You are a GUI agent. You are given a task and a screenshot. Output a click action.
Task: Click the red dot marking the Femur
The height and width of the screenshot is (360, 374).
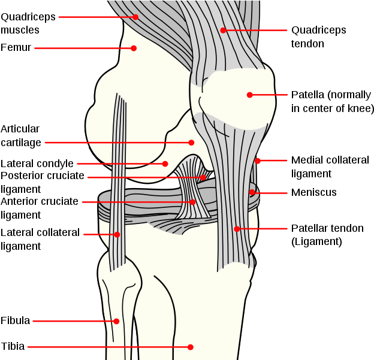134,48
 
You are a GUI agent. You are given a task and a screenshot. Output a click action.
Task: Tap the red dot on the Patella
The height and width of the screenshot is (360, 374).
249,95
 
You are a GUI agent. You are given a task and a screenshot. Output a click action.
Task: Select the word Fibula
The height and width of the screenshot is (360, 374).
15,320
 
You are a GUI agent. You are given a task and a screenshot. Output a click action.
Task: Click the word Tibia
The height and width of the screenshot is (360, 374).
13,346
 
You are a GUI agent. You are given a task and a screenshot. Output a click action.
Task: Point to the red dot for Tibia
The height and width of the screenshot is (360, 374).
190,347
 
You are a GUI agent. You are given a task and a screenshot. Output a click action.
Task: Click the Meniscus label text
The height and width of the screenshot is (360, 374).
314,192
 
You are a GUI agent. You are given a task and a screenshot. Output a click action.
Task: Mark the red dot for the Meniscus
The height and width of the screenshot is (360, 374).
252,192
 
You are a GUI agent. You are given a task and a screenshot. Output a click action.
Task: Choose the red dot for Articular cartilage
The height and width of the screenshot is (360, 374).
191,143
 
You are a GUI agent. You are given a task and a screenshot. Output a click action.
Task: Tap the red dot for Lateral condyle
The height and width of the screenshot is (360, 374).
165,164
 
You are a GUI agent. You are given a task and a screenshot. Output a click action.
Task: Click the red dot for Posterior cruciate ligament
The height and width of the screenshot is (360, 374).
203,177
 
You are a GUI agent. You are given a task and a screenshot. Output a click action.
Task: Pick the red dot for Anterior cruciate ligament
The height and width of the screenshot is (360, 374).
192,202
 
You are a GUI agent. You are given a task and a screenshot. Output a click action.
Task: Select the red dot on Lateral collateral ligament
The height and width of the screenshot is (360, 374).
117,235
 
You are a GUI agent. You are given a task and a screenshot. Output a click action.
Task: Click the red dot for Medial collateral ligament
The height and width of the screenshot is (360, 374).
257,161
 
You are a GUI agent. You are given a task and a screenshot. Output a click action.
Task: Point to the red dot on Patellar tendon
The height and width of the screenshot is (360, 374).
237,229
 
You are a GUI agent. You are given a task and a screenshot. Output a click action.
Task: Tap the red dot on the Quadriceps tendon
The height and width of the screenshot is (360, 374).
223,31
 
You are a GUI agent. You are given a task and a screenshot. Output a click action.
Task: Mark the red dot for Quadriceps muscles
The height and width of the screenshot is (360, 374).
135,17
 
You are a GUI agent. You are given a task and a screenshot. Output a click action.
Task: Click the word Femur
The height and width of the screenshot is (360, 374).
16,47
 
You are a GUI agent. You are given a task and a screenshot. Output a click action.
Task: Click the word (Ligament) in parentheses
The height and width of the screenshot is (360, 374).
316,242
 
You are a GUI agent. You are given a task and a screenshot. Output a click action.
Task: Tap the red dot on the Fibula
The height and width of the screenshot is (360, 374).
116,321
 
